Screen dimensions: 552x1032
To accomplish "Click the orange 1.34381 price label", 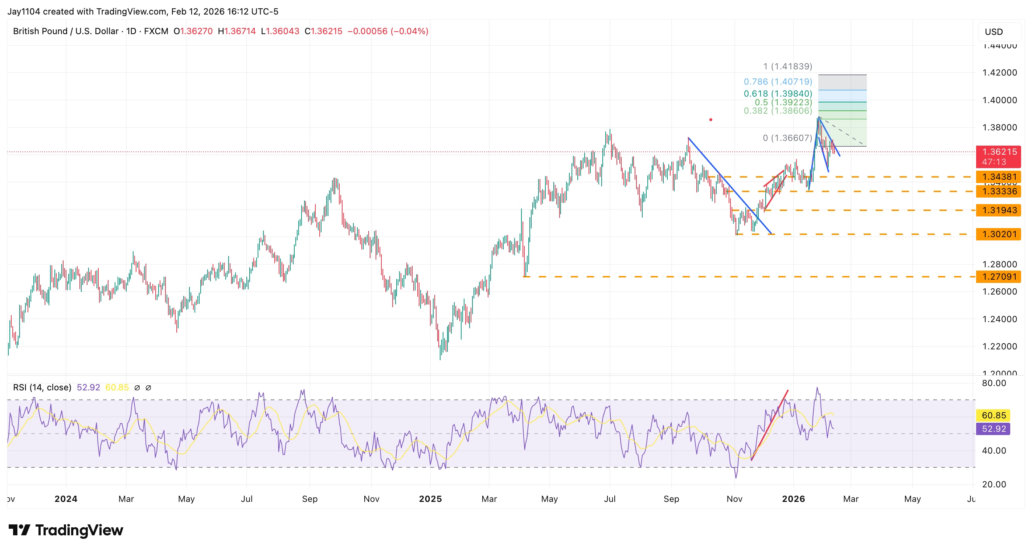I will (x=998, y=177).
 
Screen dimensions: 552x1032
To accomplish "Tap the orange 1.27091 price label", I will (x=998, y=277).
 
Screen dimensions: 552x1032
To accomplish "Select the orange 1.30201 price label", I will (x=998, y=234).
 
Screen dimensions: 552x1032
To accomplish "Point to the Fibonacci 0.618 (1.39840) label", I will (x=778, y=93).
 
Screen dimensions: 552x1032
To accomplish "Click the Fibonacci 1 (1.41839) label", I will (x=787, y=66).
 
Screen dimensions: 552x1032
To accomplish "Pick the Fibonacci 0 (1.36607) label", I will (x=787, y=138).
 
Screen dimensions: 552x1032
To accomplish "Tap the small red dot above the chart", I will (x=711, y=119).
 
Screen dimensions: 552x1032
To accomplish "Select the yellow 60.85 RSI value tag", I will (x=994, y=415).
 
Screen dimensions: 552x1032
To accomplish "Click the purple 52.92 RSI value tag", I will (x=994, y=429).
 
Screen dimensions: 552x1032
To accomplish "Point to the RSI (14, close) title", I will (x=42, y=387).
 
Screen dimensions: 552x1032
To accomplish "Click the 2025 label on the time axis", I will (x=430, y=499).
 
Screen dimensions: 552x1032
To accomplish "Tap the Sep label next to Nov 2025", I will (x=671, y=499).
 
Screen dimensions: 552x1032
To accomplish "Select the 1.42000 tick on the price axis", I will (x=999, y=73).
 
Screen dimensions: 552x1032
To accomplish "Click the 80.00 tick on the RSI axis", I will (x=994, y=383).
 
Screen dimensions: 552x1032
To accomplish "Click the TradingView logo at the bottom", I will (x=66, y=530).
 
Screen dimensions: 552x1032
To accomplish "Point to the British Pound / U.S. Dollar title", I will (x=66, y=31).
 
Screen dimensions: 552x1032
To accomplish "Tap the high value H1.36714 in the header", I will (x=236, y=31).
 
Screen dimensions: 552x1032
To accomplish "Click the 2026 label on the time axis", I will (x=793, y=499).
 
